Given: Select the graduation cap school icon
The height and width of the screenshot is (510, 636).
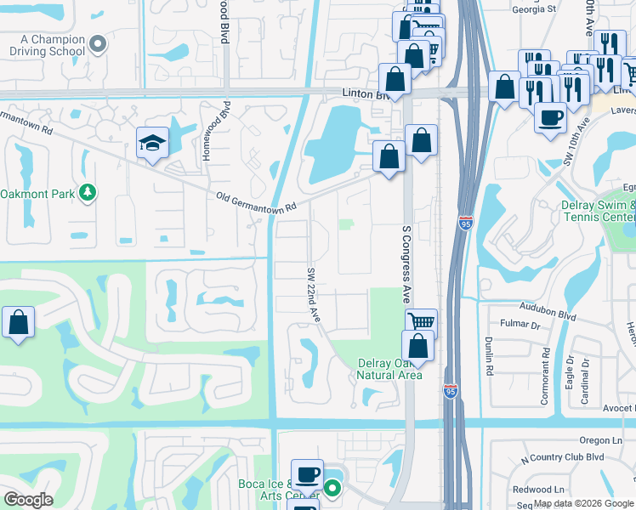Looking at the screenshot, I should (x=151, y=142).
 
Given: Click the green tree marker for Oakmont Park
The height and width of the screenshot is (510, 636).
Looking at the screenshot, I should (x=87, y=194).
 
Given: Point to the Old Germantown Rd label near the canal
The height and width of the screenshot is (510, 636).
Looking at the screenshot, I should (x=256, y=203).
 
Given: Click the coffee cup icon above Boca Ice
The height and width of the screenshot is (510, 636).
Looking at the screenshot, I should (x=307, y=473).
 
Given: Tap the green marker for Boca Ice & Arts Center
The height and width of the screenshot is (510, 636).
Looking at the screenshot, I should (x=332, y=489).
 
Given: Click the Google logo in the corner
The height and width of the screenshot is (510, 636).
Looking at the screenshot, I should (x=27, y=500).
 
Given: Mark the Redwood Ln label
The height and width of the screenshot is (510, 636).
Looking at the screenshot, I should (x=545, y=490).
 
